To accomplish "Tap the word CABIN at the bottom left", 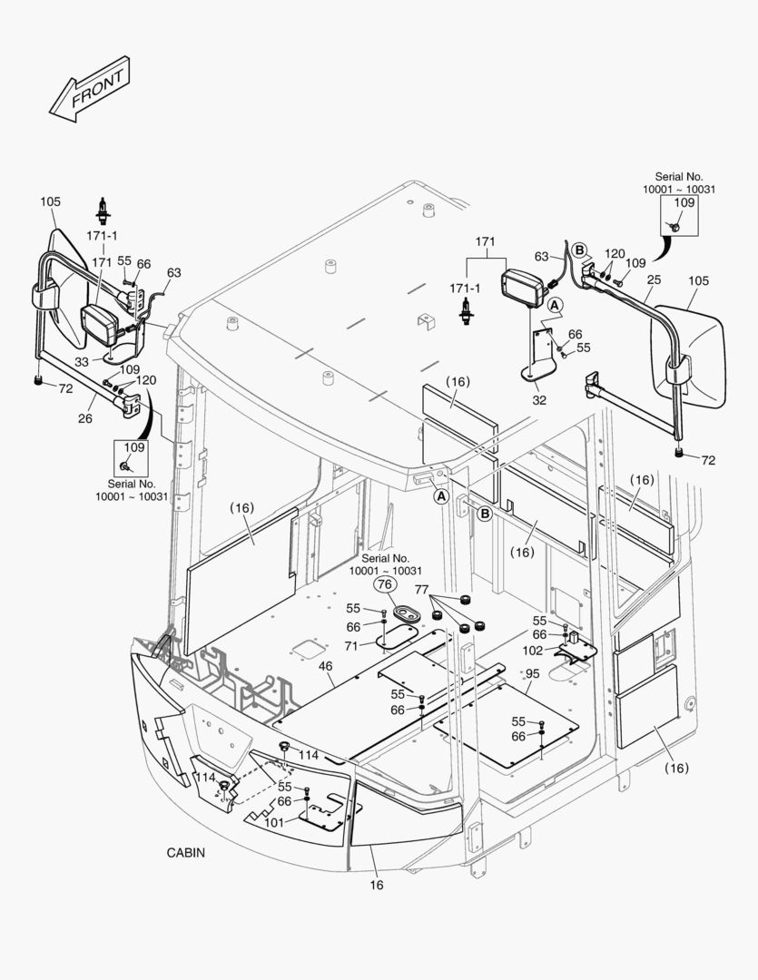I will click(x=185, y=852).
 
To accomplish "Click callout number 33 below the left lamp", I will click(x=81, y=361).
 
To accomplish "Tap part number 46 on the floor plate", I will click(x=324, y=667).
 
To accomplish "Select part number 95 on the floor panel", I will click(x=532, y=673).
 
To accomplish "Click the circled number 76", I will click(x=385, y=585).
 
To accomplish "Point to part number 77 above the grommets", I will click(x=420, y=590).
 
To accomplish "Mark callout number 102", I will click(x=533, y=650).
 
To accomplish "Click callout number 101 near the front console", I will click(x=274, y=822).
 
